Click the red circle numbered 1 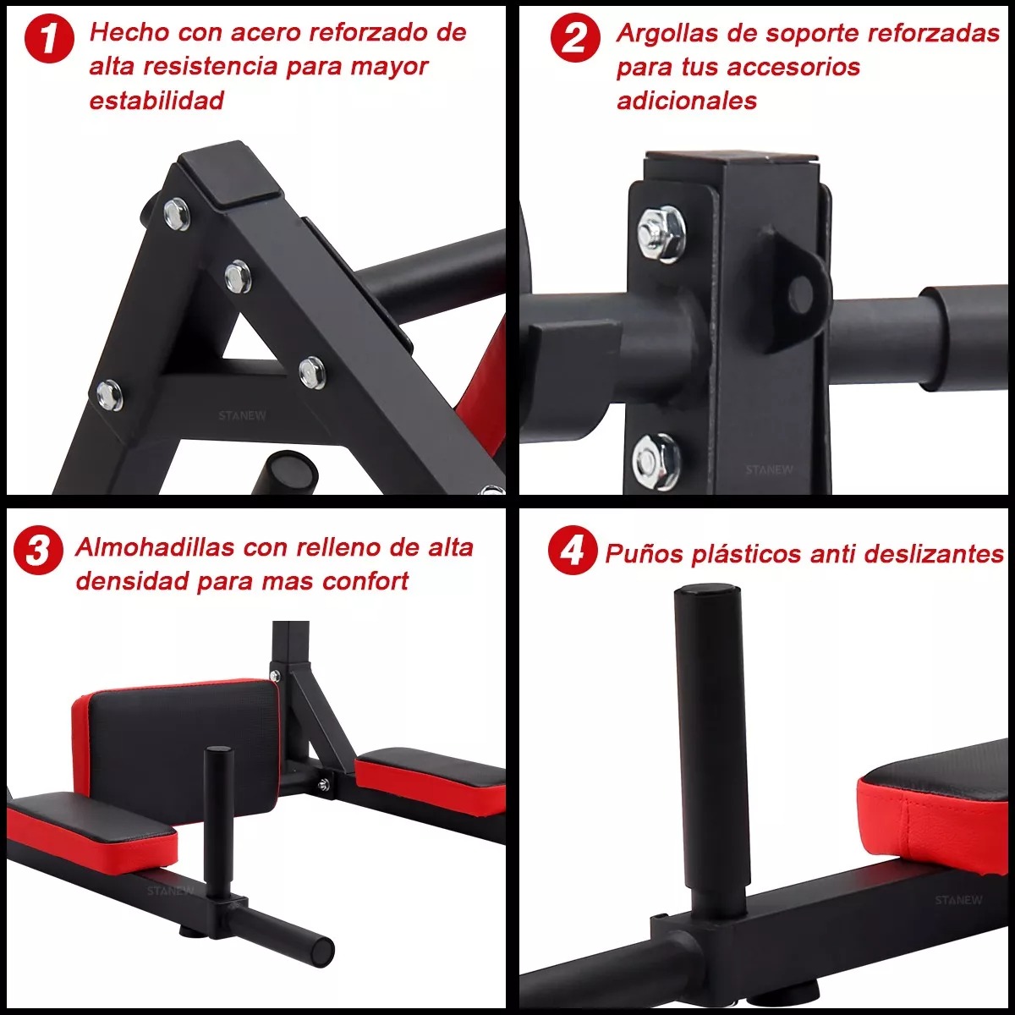click(x=50, y=39)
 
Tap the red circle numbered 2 click(x=575, y=39)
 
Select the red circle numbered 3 click(x=38, y=551)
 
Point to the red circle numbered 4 click(x=573, y=551)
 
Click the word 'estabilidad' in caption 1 click(x=156, y=101)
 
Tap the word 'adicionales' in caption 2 click(x=686, y=101)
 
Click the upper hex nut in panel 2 click(x=659, y=233)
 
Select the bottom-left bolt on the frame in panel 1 click(x=108, y=395)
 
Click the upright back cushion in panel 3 click(x=182, y=732)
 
